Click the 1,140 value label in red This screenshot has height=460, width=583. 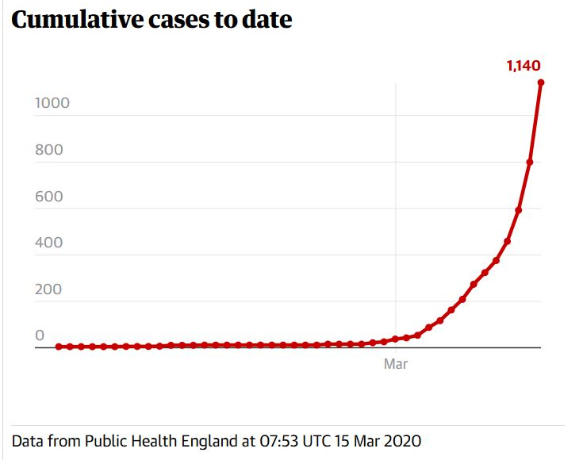point(524,66)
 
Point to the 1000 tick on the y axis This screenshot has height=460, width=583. point(52,103)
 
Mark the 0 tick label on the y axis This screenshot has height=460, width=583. point(40,335)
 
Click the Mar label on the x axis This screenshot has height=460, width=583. point(395,364)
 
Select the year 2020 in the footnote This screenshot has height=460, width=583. point(404,440)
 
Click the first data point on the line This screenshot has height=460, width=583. point(59,347)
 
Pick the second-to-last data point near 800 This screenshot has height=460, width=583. point(530,162)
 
